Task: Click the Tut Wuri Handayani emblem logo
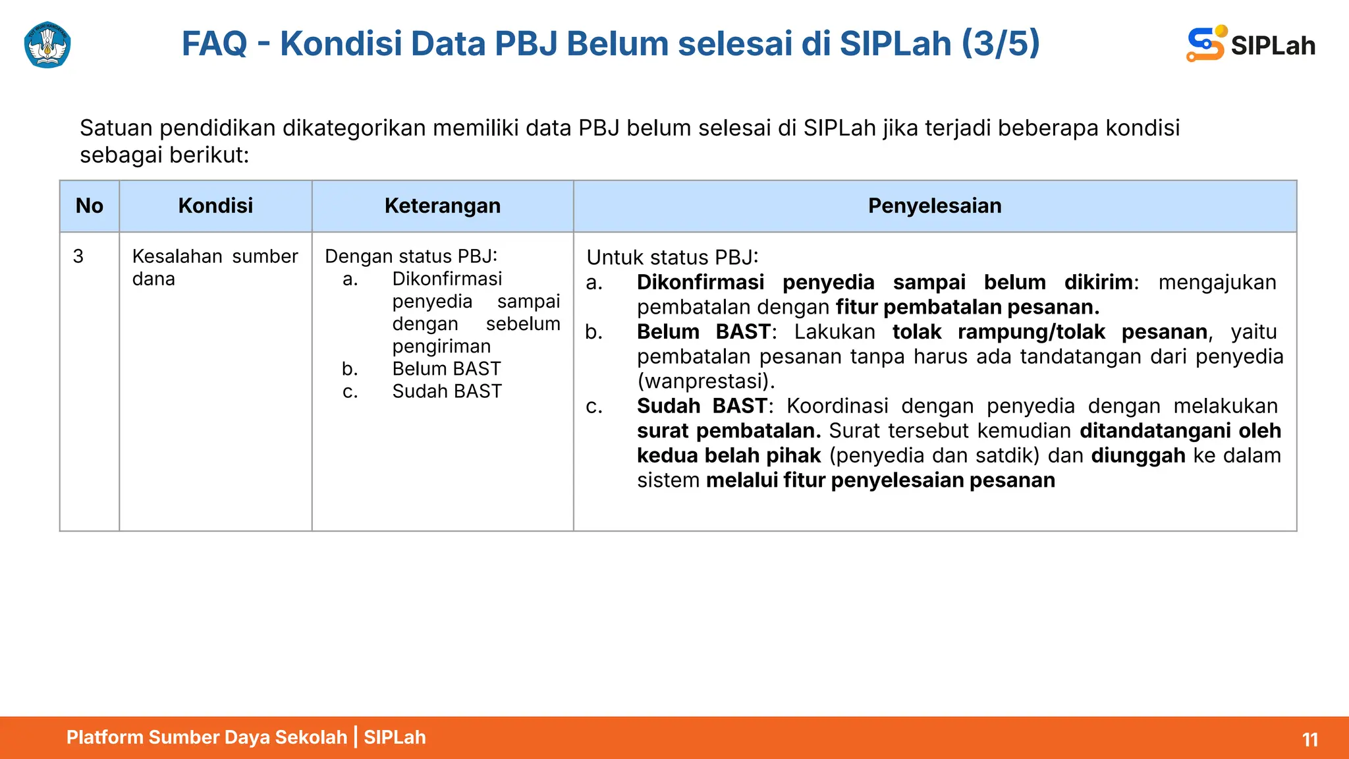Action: (47, 45)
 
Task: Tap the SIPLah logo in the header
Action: (1250, 44)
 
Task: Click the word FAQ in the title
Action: (214, 43)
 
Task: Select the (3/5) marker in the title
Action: (1000, 43)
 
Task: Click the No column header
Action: (90, 206)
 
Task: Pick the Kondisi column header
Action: (215, 206)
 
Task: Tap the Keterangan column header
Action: (443, 206)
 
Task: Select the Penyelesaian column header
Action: (935, 206)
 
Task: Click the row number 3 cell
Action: (78, 256)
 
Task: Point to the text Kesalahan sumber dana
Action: (215, 267)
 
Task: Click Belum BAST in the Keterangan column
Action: (447, 368)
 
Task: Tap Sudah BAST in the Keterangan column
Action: (447, 391)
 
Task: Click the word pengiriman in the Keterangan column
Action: (441, 346)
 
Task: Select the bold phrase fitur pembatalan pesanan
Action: (967, 307)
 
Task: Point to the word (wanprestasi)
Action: (705, 381)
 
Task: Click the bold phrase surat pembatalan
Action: (729, 430)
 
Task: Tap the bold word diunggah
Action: (1138, 455)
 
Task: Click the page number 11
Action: (1310, 739)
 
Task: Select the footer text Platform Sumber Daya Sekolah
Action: (206, 737)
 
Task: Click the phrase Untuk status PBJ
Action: (673, 257)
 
